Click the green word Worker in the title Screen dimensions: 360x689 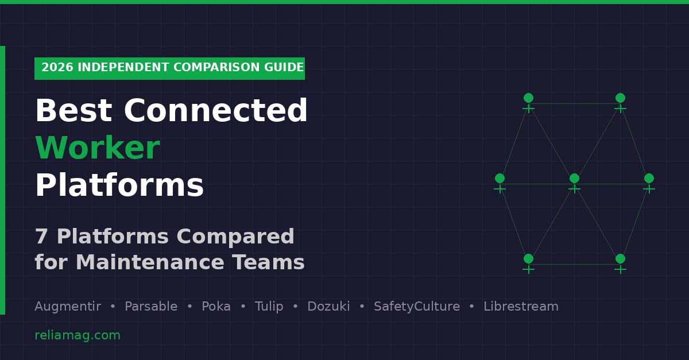point(97,149)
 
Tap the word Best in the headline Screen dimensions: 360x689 point(73,111)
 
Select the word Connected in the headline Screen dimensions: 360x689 point(216,111)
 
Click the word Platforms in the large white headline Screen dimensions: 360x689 point(119,187)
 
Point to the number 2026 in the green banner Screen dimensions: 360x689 point(57,68)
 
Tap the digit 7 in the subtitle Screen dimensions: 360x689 point(41,237)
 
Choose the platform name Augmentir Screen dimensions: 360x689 point(68,307)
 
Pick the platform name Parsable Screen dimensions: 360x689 point(151,307)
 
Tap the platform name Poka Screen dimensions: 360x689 point(216,307)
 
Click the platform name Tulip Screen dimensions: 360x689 point(269,307)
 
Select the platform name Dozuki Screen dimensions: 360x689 point(328,307)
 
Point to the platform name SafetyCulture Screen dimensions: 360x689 point(417,307)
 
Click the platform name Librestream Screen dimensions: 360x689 point(521,307)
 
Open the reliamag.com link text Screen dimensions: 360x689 point(78,335)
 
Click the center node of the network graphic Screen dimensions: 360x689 point(574,179)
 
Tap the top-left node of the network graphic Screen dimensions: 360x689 point(528,98)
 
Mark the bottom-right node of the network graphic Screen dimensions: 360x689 point(620,259)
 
